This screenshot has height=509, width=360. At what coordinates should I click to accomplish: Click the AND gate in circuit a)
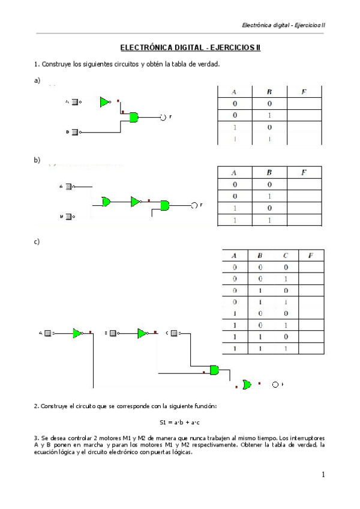(134, 117)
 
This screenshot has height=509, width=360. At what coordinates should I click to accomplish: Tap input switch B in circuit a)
(74, 131)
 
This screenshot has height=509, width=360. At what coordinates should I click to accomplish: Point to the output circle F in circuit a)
(163, 117)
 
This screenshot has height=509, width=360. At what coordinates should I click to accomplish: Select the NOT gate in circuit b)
(136, 201)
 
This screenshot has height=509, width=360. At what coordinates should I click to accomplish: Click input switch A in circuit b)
(69, 187)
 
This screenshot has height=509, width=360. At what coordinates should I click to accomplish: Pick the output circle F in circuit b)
(194, 205)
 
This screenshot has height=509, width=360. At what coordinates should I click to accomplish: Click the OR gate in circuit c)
(246, 384)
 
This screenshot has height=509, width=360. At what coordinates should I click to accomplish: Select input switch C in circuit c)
(175, 332)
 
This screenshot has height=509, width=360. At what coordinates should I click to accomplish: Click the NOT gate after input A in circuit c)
(77, 333)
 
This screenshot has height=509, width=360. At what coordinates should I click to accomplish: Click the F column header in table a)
(304, 92)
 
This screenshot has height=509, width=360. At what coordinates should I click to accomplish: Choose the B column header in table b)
(269, 172)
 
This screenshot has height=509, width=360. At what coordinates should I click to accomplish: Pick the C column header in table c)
(286, 255)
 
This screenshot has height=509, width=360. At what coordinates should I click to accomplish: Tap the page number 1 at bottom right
(323, 475)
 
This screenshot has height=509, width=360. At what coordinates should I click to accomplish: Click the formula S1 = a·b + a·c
(179, 423)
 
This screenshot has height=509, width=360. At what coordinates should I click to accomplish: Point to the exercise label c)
(37, 242)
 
